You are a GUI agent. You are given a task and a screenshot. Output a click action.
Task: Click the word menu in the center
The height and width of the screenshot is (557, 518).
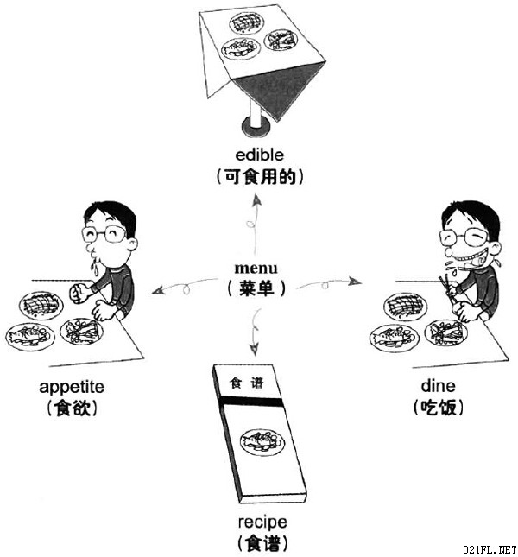coord(256,268)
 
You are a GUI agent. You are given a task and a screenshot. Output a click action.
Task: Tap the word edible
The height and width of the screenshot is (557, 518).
coord(260,155)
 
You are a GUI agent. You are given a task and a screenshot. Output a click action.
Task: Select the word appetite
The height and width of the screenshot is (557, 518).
coord(72,387)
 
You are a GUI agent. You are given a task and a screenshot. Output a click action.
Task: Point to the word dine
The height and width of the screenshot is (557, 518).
coord(438,386)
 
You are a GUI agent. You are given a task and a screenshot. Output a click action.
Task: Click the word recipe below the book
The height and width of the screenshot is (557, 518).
coord(262,522)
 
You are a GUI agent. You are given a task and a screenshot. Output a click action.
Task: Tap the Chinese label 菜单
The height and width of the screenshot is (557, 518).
coord(256,288)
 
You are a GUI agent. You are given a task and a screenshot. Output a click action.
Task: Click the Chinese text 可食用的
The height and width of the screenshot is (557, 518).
coord(260,176)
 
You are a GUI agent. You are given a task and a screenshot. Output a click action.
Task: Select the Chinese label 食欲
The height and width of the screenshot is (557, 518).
coord(72,408)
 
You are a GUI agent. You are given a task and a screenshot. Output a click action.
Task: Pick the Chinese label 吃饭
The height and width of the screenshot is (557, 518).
coord(439,407)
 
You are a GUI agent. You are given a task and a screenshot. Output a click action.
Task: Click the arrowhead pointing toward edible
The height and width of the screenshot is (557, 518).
coord(256,200)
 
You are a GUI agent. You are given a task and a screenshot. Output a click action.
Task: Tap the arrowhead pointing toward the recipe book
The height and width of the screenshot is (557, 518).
coord(254,349)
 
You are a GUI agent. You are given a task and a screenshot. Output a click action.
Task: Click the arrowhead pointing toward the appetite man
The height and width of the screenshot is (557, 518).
coord(157,290)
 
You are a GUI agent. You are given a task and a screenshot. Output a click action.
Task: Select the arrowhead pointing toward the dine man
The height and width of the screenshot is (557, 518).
coord(355,282)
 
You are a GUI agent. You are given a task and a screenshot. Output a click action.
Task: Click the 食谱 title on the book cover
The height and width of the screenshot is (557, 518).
coord(246,383)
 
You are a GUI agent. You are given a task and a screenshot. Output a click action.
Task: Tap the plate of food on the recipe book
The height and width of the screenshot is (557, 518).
coord(262,442)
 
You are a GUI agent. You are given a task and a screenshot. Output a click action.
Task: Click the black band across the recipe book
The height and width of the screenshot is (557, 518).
coord(251,402)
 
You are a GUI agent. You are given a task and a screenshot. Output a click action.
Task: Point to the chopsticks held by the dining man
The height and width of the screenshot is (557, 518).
coord(446,293)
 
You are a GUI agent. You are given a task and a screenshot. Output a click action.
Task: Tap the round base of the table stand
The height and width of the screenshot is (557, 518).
coord(256,127)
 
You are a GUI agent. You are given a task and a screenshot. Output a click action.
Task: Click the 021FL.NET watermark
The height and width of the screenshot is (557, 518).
coord(490,550)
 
